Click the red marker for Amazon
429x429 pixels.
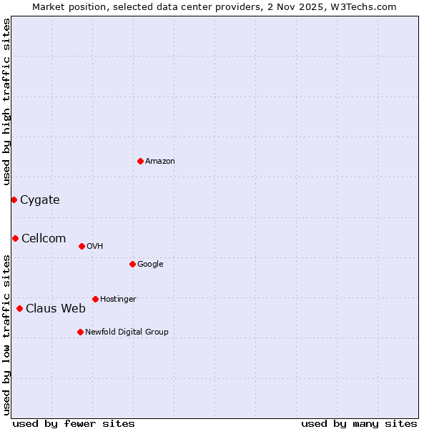[x=140, y=161]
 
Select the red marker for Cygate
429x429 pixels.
[x=14, y=199]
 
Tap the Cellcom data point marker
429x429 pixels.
[x=15, y=238]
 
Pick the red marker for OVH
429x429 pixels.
[x=82, y=246]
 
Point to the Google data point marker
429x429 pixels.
[x=132, y=264]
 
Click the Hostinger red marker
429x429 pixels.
[x=95, y=299]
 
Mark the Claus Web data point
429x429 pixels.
[x=19, y=308]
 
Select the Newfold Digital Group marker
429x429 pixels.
[x=80, y=332]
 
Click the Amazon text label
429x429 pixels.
[x=160, y=162]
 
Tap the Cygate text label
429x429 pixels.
[x=40, y=200]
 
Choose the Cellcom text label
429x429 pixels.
[x=44, y=239]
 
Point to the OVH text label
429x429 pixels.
[x=95, y=247]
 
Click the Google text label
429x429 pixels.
[x=150, y=265]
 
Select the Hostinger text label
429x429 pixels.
[x=118, y=300]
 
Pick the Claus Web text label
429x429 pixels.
[x=56, y=309]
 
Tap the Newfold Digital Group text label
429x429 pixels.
[x=127, y=332]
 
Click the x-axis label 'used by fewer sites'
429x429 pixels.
[x=74, y=424]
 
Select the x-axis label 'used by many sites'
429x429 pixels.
[x=359, y=424]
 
